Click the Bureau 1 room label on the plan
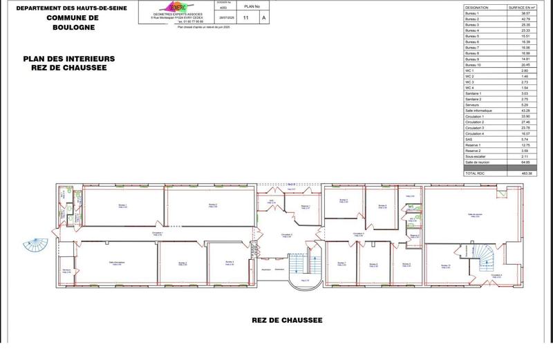(122, 206)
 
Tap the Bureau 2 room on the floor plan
(213, 206)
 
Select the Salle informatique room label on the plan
(115, 263)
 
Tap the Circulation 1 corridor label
(158, 234)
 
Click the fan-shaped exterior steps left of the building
(35, 245)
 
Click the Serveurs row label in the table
(473, 105)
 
